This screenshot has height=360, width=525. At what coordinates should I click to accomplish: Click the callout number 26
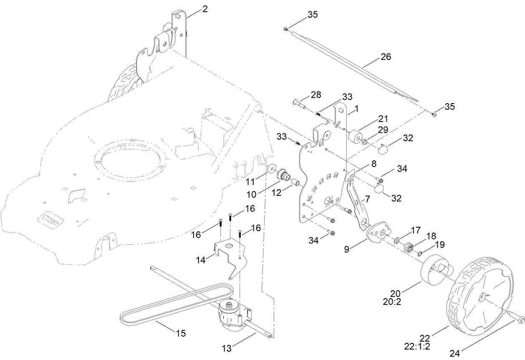[x=386, y=57]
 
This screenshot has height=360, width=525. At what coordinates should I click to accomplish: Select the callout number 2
[x=205, y=9]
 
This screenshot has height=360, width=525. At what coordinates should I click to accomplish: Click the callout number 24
[x=454, y=353]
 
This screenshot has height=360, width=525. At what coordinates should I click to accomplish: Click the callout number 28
[x=316, y=94]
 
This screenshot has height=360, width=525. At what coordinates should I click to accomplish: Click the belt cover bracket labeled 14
[x=230, y=254]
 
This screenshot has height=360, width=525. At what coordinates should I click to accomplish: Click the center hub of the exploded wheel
[x=483, y=297]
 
